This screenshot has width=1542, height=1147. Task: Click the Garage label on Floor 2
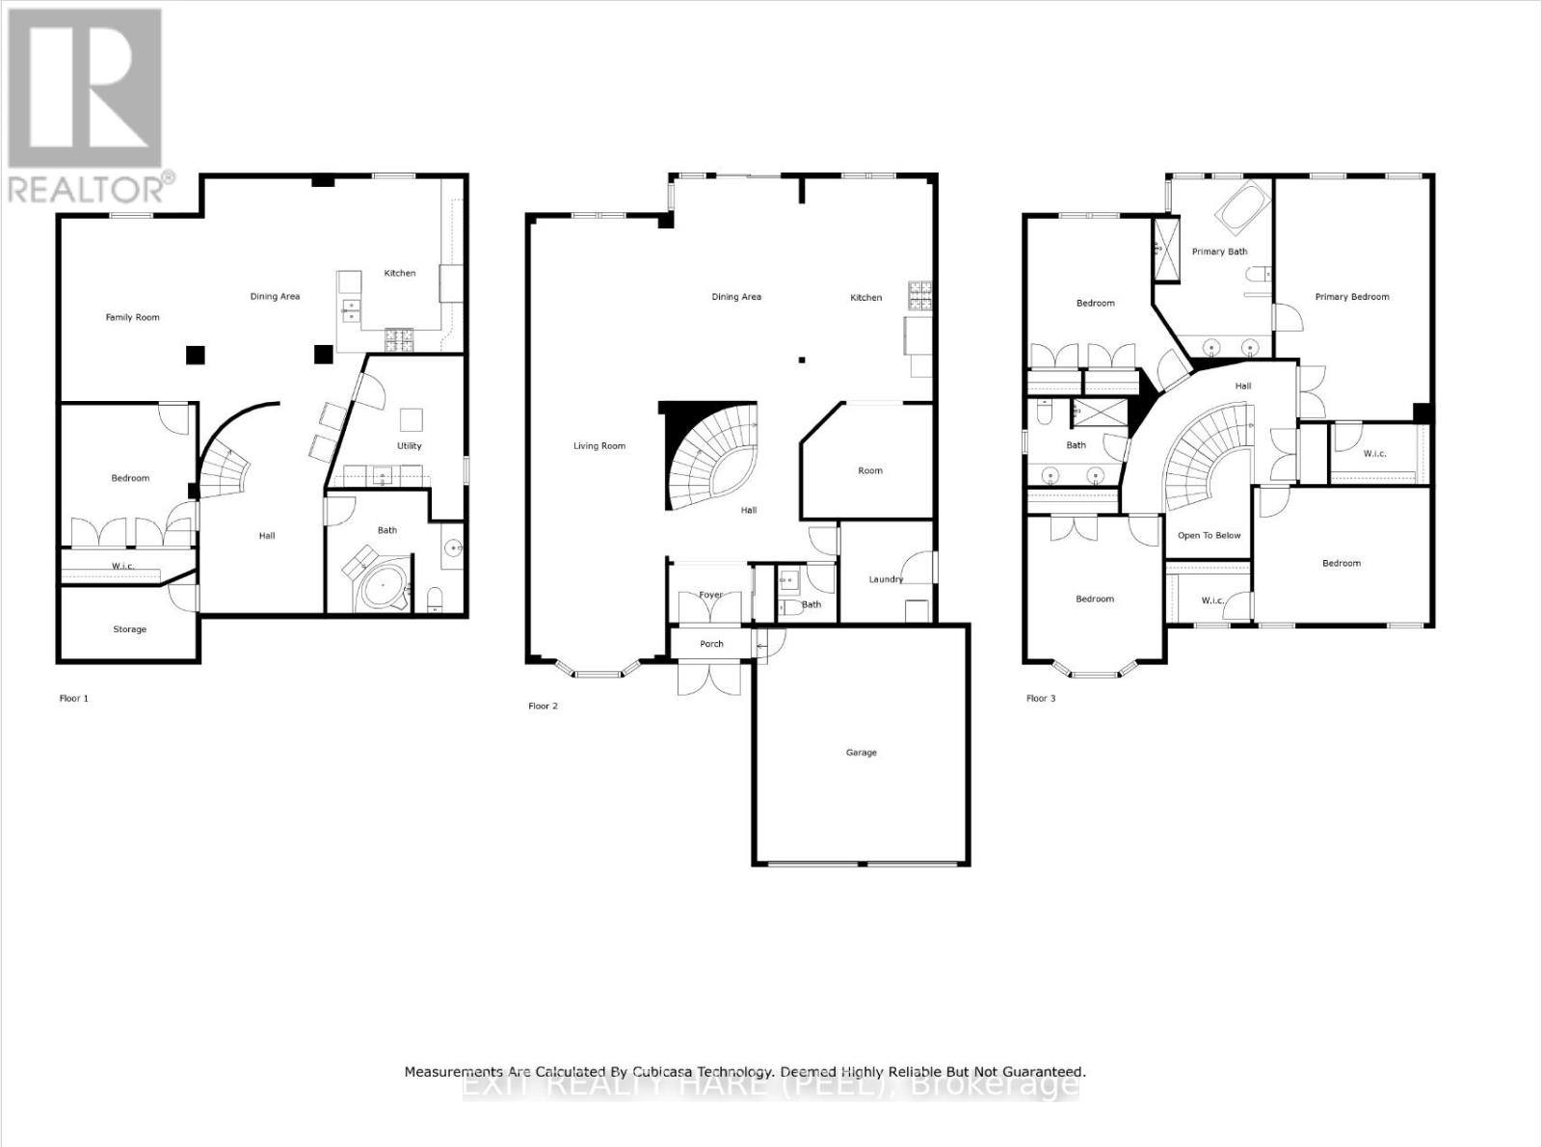point(861,753)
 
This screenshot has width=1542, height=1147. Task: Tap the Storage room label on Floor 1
point(129,629)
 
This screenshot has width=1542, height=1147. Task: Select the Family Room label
point(132,317)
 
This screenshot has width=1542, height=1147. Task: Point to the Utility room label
point(409,446)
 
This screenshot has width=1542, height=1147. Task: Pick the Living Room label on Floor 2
point(598,446)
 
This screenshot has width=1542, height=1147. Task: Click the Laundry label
point(885,579)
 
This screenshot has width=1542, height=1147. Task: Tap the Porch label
point(711,644)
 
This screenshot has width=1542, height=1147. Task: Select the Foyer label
point(710,595)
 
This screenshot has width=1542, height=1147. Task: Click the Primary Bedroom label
point(1351,297)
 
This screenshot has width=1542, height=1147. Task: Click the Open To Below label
point(1209,536)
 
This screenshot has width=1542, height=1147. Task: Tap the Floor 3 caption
point(1040,698)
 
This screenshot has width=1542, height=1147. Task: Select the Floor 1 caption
point(73,698)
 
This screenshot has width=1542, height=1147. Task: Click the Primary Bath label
point(1219,252)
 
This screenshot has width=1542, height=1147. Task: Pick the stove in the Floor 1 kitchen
point(399,338)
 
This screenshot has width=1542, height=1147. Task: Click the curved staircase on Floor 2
point(713,453)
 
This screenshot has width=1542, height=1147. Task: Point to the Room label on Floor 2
point(869,471)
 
